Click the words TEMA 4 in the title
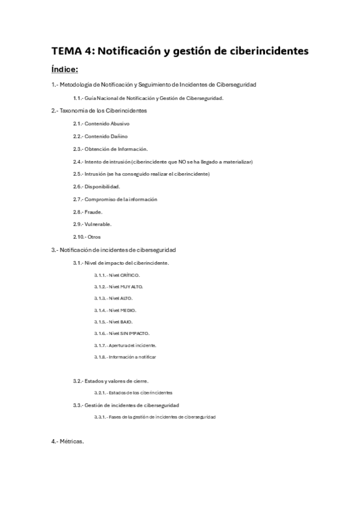tap(72, 51)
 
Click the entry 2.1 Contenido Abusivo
tap(101, 123)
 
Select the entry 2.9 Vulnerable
tap(92, 224)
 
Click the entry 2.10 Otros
tap(87, 237)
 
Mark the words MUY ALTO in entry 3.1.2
tap(132, 286)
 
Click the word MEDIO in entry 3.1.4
tap(128, 310)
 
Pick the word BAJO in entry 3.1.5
tap(126, 322)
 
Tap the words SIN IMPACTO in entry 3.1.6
tap(135, 333)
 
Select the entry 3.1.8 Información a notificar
tap(125, 357)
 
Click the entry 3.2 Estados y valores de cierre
tap(111, 381)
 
